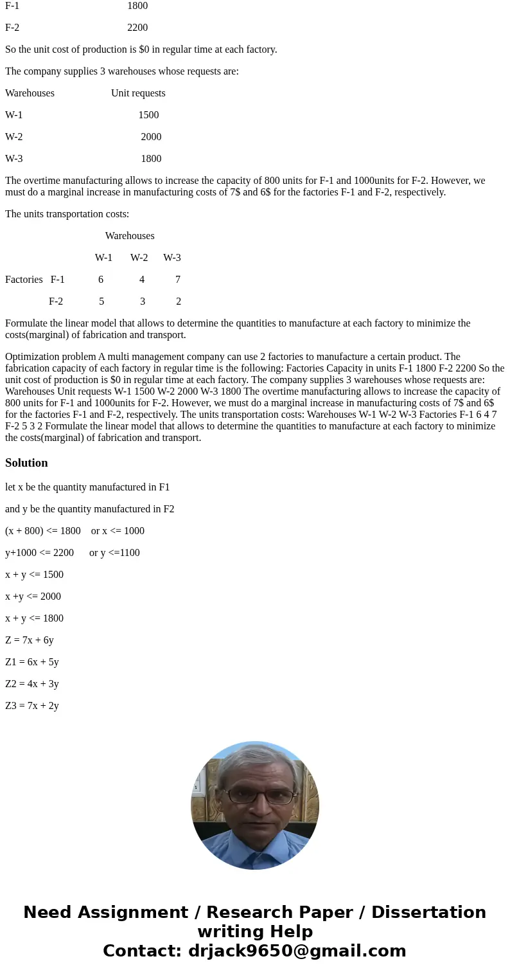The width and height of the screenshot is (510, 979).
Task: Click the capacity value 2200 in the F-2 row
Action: click(x=137, y=28)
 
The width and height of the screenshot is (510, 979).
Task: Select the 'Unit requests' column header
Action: click(x=138, y=93)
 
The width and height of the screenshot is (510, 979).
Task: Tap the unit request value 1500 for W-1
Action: click(x=148, y=115)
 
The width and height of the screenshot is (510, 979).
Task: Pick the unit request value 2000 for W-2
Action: click(x=151, y=137)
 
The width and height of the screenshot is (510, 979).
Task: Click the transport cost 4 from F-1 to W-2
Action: click(x=142, y=280)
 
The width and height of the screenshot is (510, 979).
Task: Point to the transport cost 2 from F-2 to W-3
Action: click(x=179, y=301)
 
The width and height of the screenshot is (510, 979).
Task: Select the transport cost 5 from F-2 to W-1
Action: click(x=101, y=301)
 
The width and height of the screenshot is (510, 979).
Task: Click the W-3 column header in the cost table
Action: click(x=172, y=258)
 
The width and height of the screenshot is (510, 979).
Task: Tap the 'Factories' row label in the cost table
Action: click(x=24, y=280)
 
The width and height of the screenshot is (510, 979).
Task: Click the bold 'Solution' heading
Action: click(x=26, y=463)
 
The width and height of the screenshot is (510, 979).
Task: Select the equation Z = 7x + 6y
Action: click(x=30, y=640)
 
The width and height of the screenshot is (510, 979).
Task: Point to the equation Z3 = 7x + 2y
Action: click(x=32, y=706)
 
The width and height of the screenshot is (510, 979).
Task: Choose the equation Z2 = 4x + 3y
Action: click(x=32, y=684)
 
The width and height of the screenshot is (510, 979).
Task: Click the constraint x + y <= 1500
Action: click(x=34, y=575)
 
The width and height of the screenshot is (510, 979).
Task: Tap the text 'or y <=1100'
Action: click(x=114, y=553)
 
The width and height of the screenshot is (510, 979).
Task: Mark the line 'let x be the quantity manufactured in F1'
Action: click(x=87, y=487)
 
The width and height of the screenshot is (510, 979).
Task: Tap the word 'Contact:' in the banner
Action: click(x=141, y=951)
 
